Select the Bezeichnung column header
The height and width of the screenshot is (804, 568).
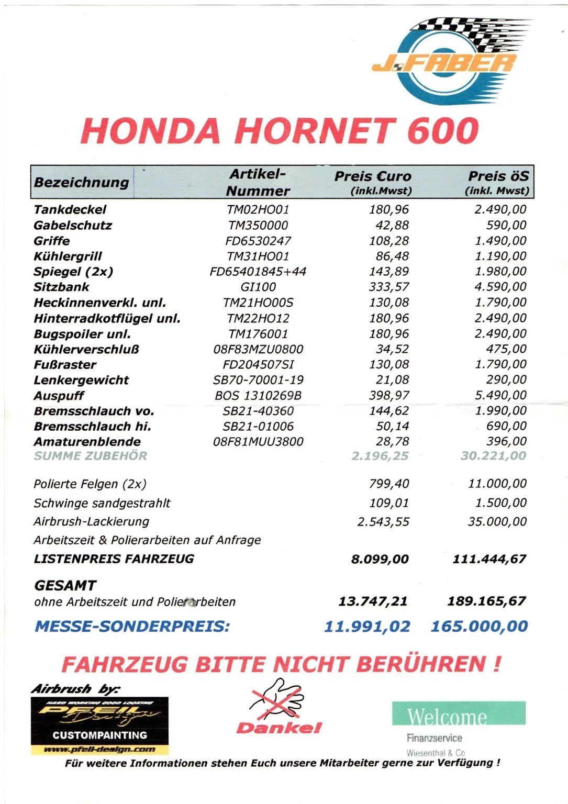81,182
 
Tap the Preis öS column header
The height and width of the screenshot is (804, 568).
498,181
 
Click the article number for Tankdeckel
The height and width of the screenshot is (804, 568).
258,210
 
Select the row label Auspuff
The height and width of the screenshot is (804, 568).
59,396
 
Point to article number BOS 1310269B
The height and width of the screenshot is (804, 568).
258,396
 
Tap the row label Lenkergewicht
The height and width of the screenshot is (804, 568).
81,380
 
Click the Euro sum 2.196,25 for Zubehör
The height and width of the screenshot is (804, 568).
380,456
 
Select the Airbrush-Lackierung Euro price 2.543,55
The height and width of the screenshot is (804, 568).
383,522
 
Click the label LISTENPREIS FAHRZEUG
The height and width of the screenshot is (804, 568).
114,559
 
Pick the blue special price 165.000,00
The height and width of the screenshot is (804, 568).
479,626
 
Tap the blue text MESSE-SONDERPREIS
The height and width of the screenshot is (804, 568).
132,626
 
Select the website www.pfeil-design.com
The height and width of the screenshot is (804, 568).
99,750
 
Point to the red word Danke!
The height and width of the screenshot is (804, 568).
279,728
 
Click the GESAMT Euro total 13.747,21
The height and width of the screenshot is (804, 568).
373,601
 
